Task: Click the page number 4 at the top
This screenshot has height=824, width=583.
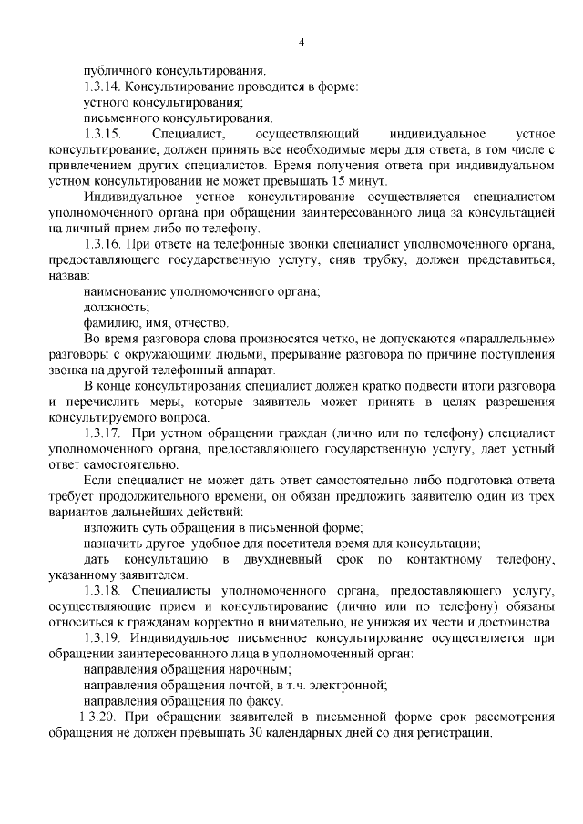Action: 302,41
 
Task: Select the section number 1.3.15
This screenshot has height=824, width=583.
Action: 102,134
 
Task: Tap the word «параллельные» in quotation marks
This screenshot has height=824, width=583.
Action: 506,339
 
